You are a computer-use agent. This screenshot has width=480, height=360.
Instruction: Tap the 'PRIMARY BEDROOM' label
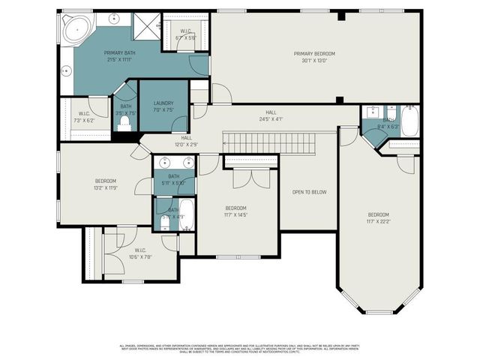314,54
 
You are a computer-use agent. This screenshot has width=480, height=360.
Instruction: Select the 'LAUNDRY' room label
163,103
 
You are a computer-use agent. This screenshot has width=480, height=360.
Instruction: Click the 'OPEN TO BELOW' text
308,192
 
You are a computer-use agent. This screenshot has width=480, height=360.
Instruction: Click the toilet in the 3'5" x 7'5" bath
124,123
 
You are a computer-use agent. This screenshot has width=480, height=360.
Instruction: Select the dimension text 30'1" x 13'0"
314,61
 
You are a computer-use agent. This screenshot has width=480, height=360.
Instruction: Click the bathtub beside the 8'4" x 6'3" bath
409,121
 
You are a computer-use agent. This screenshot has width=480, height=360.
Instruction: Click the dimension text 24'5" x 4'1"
271,118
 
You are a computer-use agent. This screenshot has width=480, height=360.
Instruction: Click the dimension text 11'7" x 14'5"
236,214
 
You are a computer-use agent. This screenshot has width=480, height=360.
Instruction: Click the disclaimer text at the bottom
240,349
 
